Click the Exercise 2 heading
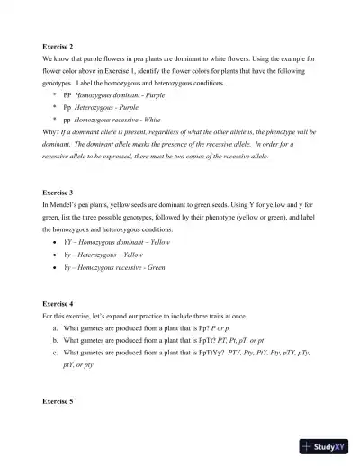point(58,45)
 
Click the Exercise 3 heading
point(58,193)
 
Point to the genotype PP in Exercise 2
point(67,94)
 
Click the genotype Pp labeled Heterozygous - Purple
point(67,106)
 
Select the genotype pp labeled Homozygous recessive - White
point(67,118)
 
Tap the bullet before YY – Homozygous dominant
point(56,243)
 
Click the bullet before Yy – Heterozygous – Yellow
point(56,255)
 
